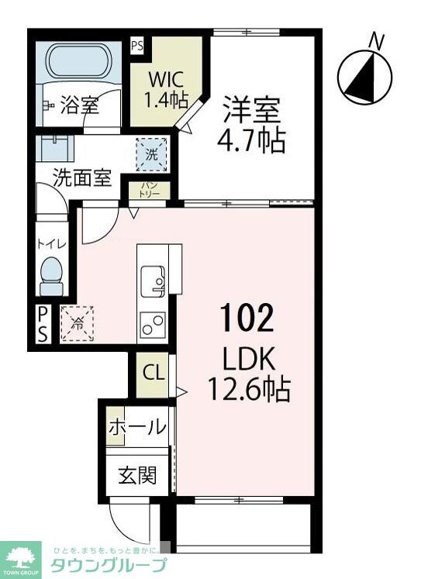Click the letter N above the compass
tap(377, 40)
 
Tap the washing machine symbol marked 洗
tap(151, 153)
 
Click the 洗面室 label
tap(82, 177)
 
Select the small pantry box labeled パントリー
tap(150, 190)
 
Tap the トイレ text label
tap(51, 244)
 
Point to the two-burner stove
tap(152, 324)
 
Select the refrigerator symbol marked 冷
tap(78, 324)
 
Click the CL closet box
tap(154, 373)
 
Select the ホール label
tap(137, 427)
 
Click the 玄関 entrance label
tap(137, 474)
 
